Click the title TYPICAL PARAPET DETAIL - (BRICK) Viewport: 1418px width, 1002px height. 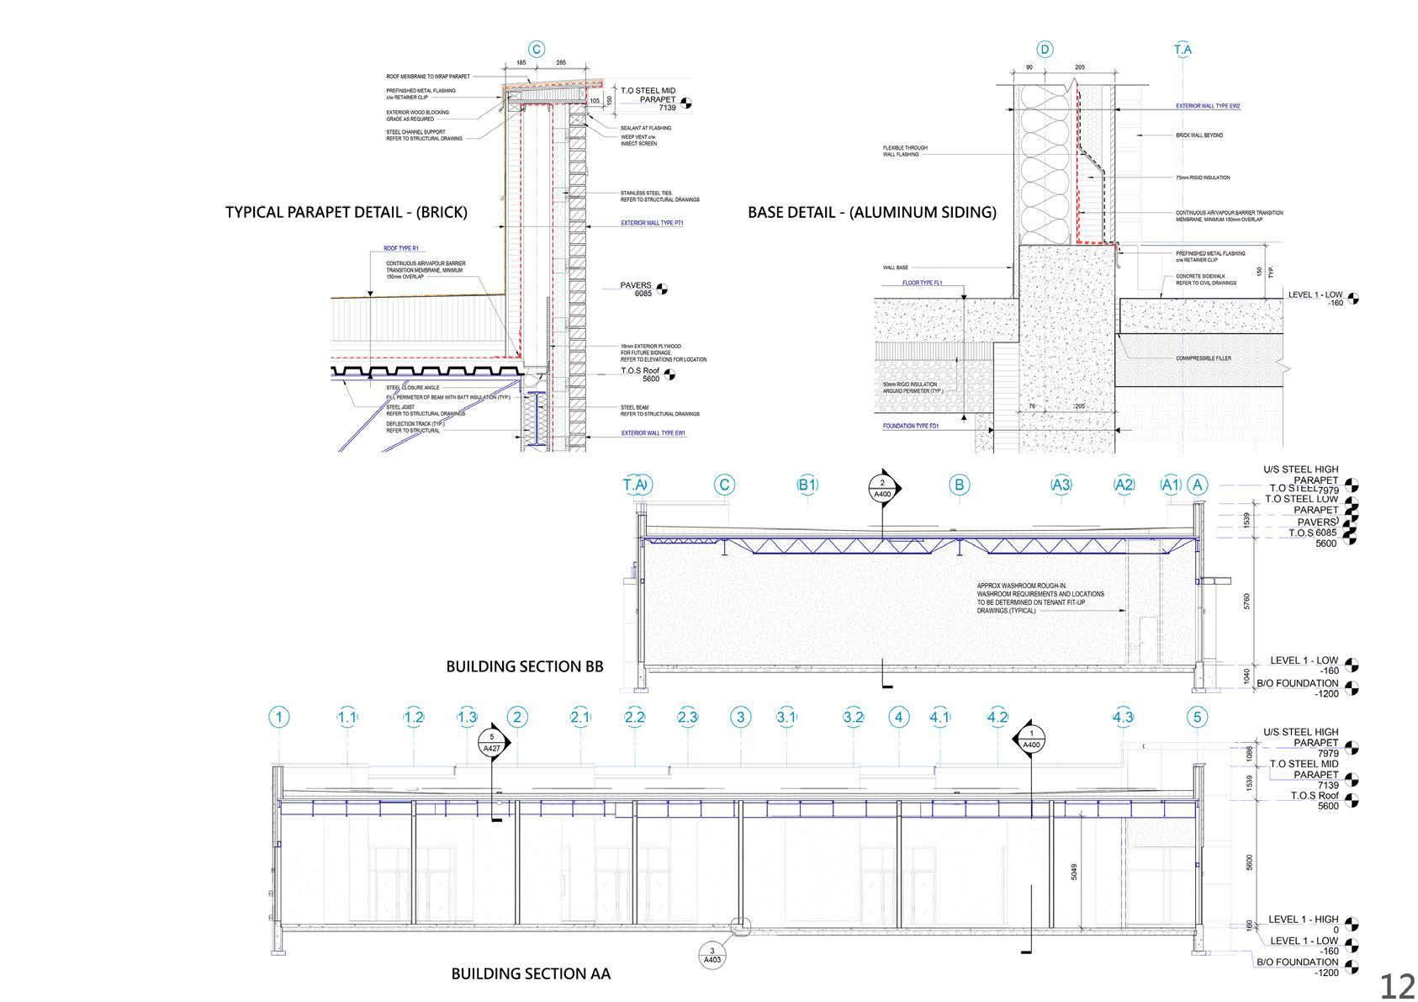(346, 212)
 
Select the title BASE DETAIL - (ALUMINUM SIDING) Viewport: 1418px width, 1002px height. (871, 212)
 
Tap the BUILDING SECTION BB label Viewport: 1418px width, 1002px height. (524, 666)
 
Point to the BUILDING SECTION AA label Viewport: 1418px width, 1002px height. (531, 974)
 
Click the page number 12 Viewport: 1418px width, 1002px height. (1396, 985)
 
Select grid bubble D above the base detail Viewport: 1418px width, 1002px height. (1045, 50)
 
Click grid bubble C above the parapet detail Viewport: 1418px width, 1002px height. (536, 50)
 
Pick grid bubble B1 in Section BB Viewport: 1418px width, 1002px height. (807, 485)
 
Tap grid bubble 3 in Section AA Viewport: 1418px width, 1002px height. (741, 718)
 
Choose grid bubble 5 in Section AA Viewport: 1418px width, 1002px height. (1198, 718)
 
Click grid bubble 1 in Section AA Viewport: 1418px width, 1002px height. (278, 718)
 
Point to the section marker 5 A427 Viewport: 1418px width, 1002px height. (492, 743)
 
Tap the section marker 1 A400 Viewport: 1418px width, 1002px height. (1031, 739)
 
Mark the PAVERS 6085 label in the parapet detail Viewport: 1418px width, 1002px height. (643, 289)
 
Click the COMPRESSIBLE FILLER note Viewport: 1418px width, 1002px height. (1203, 358)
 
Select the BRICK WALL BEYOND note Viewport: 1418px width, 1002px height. (1199, 135)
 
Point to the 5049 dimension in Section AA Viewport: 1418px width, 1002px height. (1074, 872)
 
